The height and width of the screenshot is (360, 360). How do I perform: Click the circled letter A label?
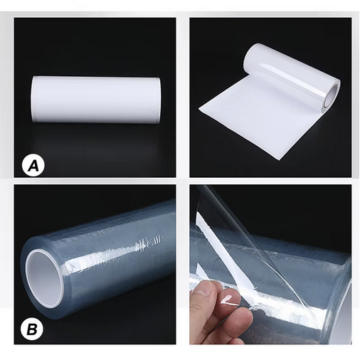coord(33,166)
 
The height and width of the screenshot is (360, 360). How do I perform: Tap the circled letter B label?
coord(33,328)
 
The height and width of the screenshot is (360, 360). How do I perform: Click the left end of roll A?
coord(35,100)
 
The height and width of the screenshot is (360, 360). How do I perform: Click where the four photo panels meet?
coord(183,180)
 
